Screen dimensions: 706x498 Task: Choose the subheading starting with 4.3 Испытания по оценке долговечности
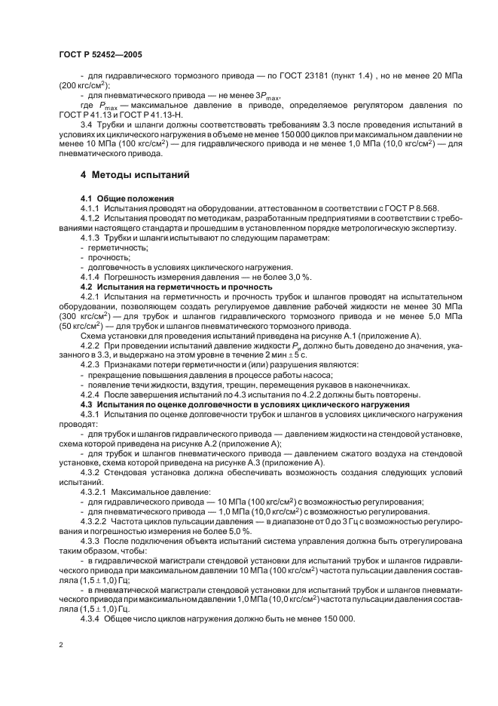pyautogui.click(x=245, y=404)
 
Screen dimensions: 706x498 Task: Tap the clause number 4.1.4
pyautogui.click(x=92, y=278)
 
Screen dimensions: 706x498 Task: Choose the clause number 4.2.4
pyautogui.click(x=92, y=394)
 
